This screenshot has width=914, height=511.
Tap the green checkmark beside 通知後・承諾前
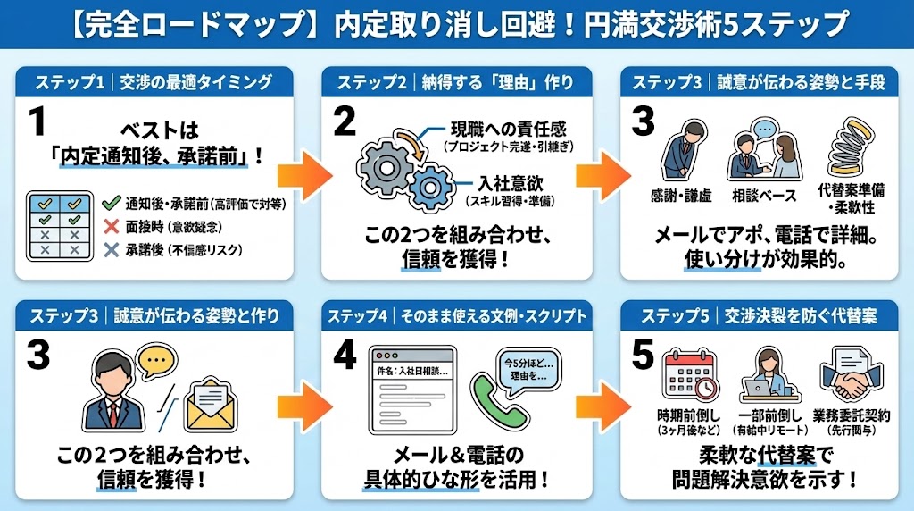111,205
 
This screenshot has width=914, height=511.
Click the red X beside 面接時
111,227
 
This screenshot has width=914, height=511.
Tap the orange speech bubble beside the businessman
156,361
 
